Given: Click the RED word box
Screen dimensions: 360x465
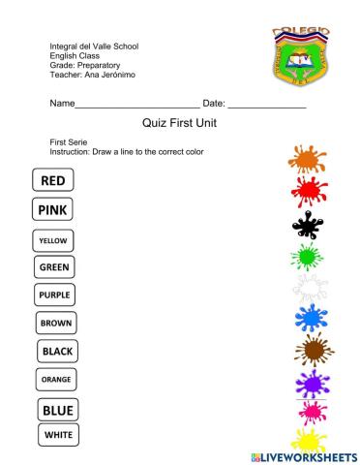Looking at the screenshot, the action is point(54,179).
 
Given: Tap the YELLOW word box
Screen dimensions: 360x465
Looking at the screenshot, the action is point(54,238).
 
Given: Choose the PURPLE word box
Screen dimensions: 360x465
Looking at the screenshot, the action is point(55,294).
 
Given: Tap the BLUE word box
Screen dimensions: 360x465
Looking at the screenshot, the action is point(58,410).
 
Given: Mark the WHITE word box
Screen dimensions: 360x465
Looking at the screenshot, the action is point(58,435).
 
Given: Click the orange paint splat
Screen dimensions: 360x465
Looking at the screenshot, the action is point(309,159).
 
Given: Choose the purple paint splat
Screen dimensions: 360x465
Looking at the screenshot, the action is point(312,383).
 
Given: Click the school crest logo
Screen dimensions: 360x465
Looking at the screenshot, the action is point(301,55).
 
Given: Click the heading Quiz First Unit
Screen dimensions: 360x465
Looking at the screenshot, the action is point(179,123).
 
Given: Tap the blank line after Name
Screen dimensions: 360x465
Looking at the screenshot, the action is point(136,105).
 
